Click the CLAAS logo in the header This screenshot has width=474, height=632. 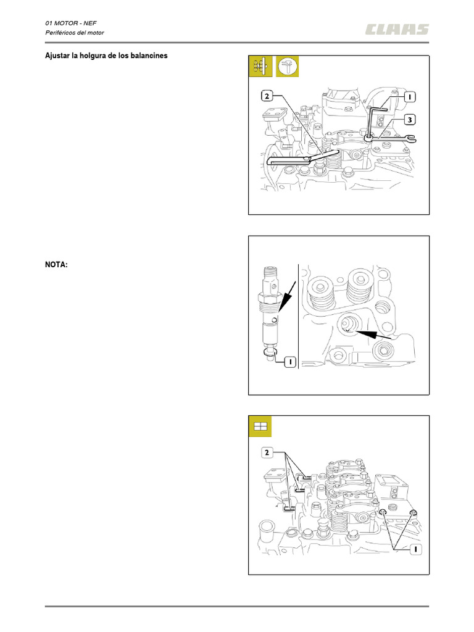point(396,28)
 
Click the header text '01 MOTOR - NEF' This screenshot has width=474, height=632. point(71,22)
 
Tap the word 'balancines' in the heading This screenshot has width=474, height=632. point(148,56)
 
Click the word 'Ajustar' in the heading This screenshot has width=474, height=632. point(57,56)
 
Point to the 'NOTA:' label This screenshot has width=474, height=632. point(56,264)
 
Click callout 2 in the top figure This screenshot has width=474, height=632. point(266,96)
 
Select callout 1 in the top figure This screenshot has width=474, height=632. point(410,97)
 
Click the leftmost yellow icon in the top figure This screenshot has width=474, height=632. point(260,67)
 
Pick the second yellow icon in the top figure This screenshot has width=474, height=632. point(287,67)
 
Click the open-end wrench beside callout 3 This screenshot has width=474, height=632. point(395,139)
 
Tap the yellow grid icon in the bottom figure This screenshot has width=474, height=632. point(260,426)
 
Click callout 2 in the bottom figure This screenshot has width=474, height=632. point(266,452)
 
